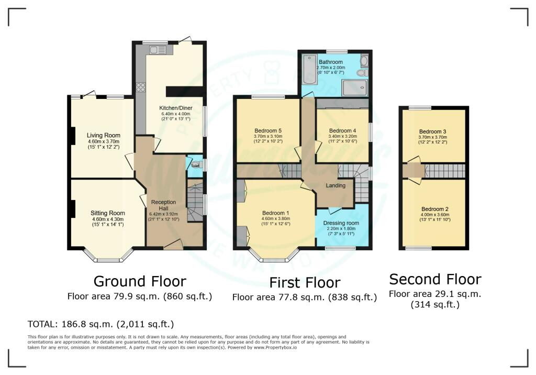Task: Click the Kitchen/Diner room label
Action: (176, 108)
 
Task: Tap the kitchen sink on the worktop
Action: (158, 50)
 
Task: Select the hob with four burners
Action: (141, 87)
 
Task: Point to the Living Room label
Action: (103, 135)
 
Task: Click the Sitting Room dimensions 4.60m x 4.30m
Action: (108, 219)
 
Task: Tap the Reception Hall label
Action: (163, 205)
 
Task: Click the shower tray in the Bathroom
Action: (355, 87)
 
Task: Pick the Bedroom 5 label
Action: (268, 131)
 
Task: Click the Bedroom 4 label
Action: (342, 131)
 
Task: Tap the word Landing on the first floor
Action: (336, 185)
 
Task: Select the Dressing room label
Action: (341, 223)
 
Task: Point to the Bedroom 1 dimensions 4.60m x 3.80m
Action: (275, 219)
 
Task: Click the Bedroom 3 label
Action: (433, 132)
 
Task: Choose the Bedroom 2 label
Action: (435, 209)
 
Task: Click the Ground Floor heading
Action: (140, 282)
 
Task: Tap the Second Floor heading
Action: (435, 280)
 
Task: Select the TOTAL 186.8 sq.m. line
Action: (101, 324)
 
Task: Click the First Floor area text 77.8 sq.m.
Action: (305, 297)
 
